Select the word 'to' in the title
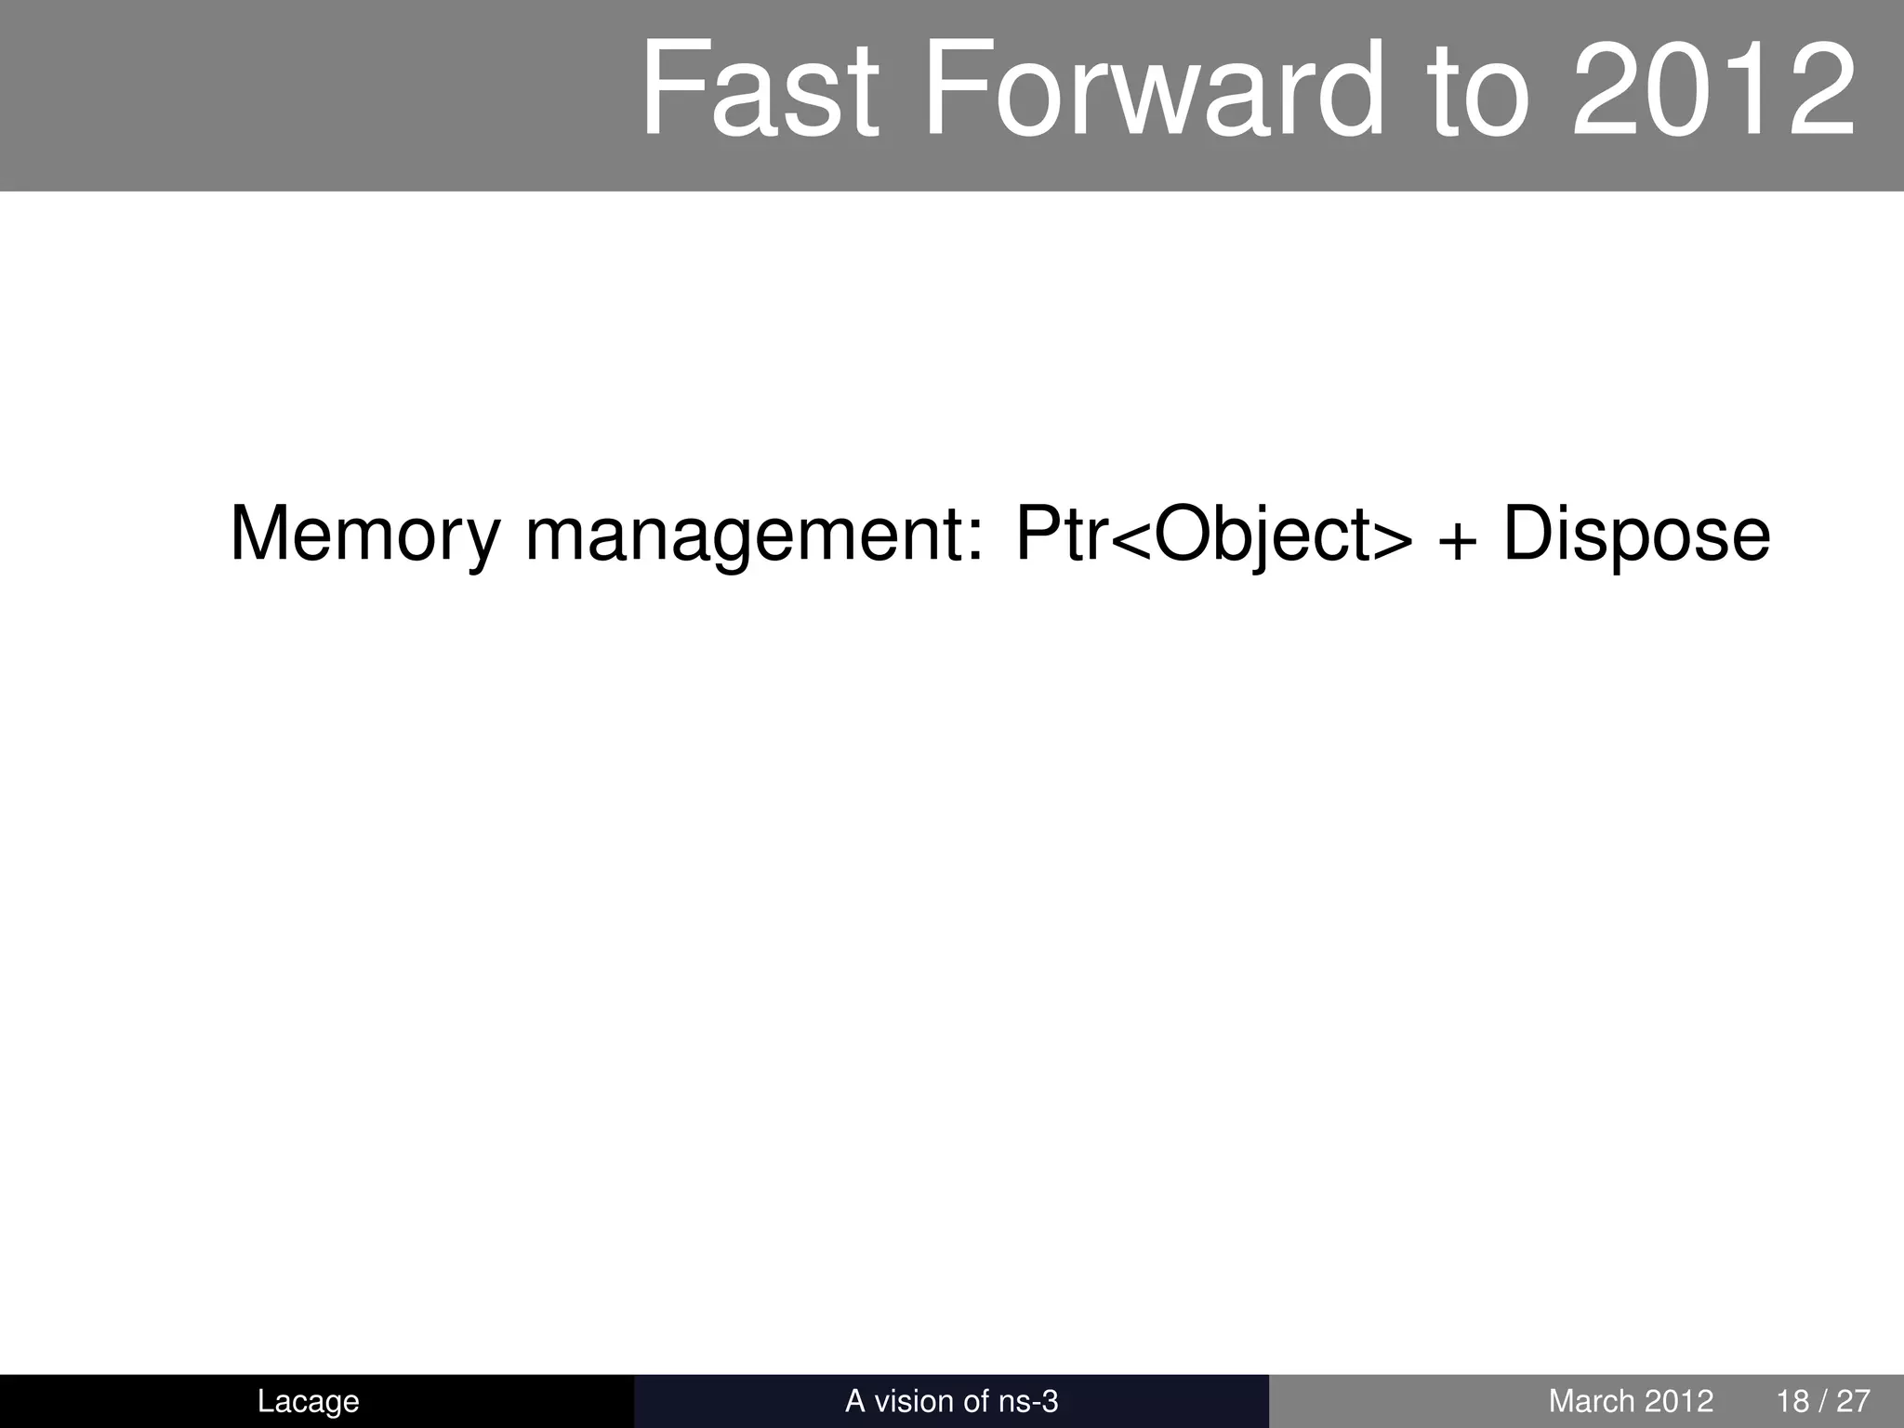pyautogui.click(x=1478, y=90)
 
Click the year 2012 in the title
pyautogui.click(x=1712, y=90)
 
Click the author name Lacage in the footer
pyautogui.click(x=308, y=1401)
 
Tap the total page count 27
pyautogui.click(x=1853, y=1401)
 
